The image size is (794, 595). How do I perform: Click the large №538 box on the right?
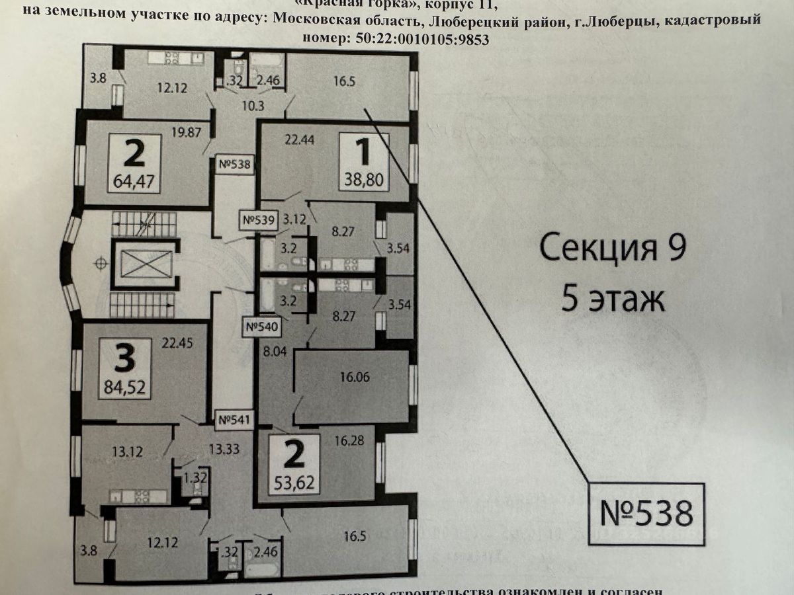coord(646,514)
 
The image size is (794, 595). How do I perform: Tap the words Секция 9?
coord(613,250)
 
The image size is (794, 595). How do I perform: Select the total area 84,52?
coord(125,385)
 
